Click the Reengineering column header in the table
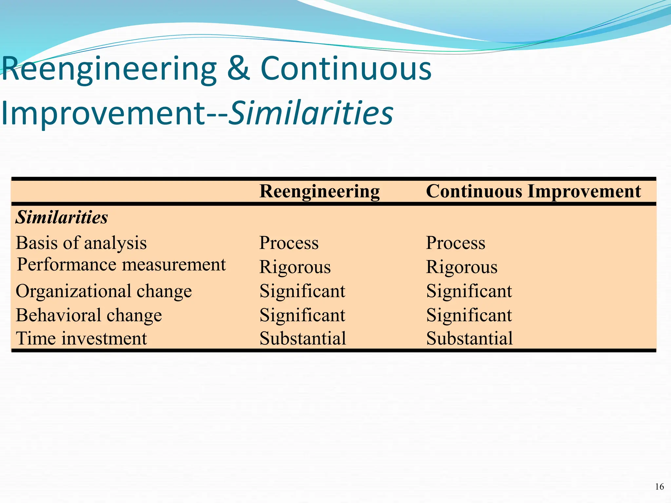[x=319, y=192]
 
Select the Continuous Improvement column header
[x=533, y=191]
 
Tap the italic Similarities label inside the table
[x=62, y=217]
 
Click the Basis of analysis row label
[x=81, y=243]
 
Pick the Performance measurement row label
[x=121, y=265]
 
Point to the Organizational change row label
[x=104, y=291]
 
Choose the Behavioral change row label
[x=89, y=315]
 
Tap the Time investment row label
[x=81, y=339]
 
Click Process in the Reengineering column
[x=289, y=243]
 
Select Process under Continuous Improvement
[x=455, y=243]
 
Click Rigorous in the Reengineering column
[x=295, y=267]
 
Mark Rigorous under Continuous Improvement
[x=462, y=267]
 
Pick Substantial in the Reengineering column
[x=303, y=339]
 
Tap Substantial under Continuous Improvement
[x=470, y=339]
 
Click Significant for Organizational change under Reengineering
[x=302, y=291]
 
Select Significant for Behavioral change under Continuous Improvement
[x=469, y=315]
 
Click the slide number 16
[x=659, y=487]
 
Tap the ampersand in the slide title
[x=239, y=69]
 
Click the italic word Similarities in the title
[x=311, y=113]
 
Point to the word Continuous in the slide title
[x=346, y=69]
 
